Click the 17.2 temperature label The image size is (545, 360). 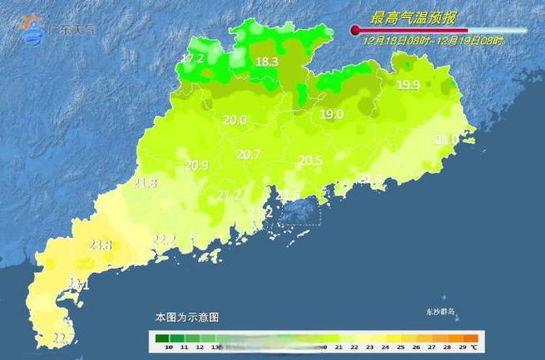192,58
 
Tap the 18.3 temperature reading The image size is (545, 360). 266,62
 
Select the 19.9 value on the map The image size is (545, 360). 408,85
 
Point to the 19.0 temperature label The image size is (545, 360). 332,115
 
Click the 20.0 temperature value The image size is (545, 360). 235,120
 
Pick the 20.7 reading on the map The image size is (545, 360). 249,154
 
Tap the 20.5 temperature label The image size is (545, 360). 310,160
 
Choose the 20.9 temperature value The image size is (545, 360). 196,165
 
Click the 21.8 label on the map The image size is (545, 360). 145,183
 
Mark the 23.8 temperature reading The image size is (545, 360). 100,244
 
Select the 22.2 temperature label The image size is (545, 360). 164,240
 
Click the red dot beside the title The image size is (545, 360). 355,31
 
